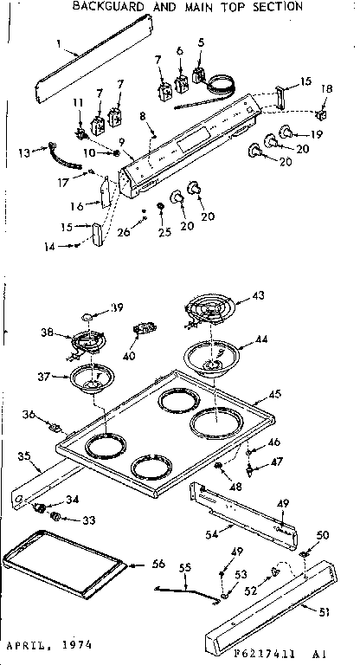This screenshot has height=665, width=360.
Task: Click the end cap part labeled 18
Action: pos(323,113)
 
